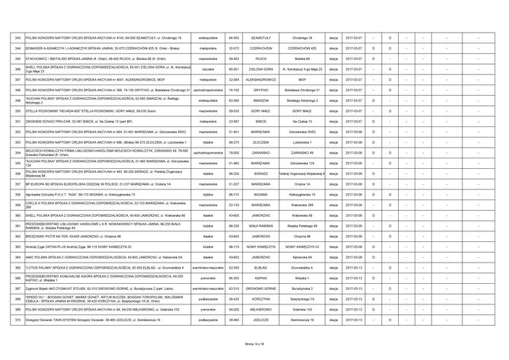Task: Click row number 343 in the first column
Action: click(18, 37)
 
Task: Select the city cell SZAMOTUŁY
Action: click(266, 37)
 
